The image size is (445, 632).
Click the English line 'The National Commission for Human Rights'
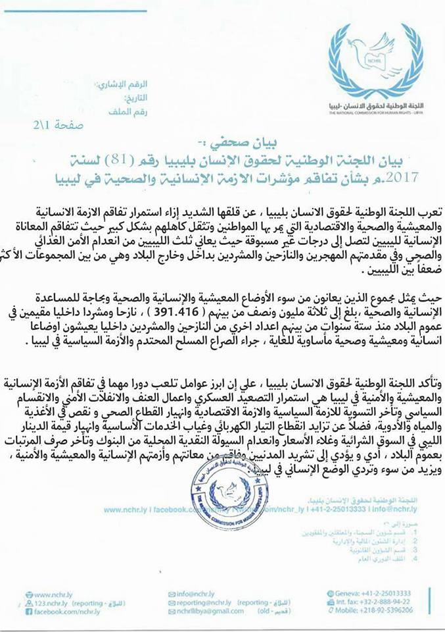pyautogui.click(x=378, y=113)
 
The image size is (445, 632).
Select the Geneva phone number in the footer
pyautogui.click(x=377, y=593)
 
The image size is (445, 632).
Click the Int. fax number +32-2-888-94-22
pyautogui.click(x=378, y=602)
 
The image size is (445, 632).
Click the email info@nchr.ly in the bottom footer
pyautogui.click(x=195, y=593)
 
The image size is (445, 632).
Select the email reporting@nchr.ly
pyautogui.click(x=201, y=602)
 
